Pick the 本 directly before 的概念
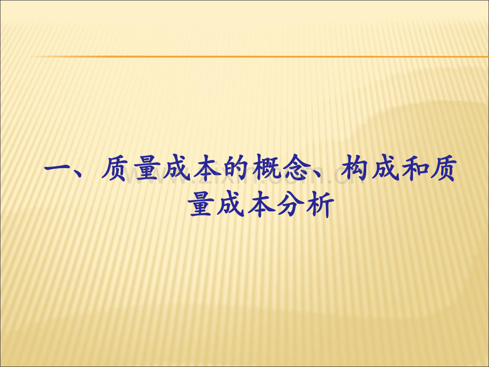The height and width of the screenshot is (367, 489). [x=206, y=169]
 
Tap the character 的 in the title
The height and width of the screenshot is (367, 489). [x=235, y=169]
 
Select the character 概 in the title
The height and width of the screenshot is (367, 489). [x=265, y=169]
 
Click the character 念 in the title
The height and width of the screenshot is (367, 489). [x=295, y=169]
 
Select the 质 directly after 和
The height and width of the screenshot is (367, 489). [x=443, y=169]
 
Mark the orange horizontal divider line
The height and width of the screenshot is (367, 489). [x=259, y=56]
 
